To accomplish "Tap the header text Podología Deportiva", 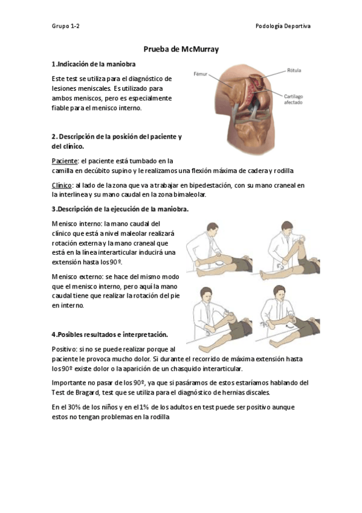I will coord(283,26).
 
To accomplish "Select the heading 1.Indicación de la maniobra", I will coord(93,64).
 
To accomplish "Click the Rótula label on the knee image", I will coord(294,70).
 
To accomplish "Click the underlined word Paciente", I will coord(64,161).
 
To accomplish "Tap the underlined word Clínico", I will coord(62,185).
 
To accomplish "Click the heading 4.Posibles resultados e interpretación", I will coord(109,335).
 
